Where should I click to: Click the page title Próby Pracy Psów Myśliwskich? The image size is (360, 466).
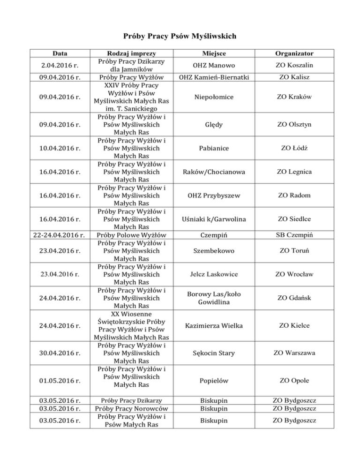180,36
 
